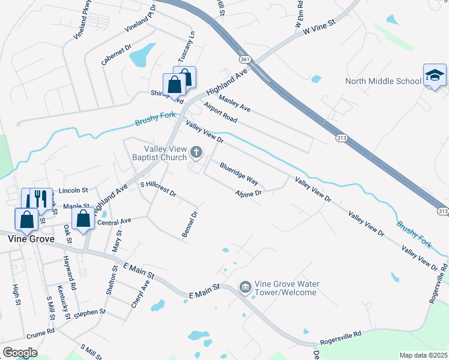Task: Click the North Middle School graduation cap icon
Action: point(435,75)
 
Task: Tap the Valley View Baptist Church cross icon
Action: point(196,154)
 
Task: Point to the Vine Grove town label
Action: point(31,239)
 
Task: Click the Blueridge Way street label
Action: point(239,173)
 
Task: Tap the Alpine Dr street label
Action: point(249,193)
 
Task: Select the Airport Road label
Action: point(220,113)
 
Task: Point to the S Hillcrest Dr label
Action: point(158,189)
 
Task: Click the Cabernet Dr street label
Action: point(116,56)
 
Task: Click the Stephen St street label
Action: point(91,312)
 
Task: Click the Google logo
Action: point(20,353)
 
